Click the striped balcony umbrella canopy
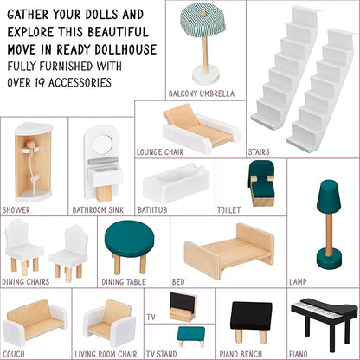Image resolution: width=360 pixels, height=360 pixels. (203, 18)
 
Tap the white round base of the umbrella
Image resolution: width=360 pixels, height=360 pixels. (205, 74)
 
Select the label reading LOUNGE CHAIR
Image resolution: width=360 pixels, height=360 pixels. (160, 152)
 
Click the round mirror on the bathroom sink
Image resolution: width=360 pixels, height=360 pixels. (103, 144)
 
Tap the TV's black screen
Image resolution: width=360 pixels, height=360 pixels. (183, 301)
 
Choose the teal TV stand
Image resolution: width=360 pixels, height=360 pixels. (191, 337)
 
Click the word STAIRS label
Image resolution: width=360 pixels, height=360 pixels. (259, 152)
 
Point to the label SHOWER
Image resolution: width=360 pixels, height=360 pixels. (16, 210)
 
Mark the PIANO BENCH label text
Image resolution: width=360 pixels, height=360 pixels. (241, 354)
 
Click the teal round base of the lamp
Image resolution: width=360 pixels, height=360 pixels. (329, 260)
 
